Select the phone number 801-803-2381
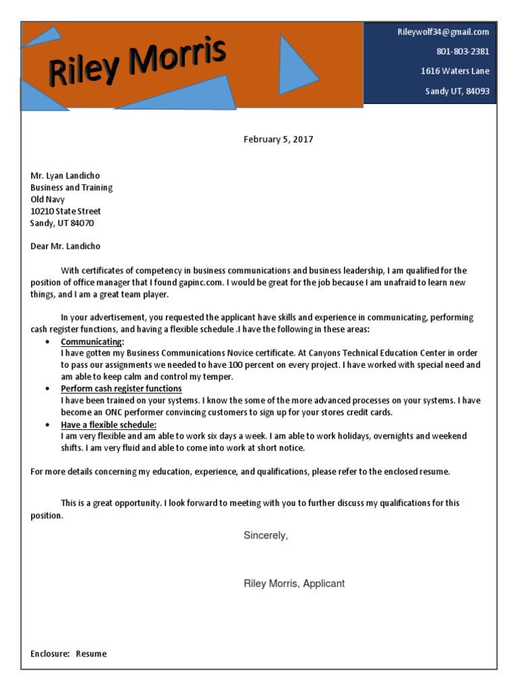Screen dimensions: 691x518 [x=463, y=51]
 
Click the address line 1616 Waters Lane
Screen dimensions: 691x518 [x=455, y=71]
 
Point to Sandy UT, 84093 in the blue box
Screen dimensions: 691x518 [x=457, y=91]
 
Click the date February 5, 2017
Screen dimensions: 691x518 [x=278, y=140]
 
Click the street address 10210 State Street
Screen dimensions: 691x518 [x=65, y=211]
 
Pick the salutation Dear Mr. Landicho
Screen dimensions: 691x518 [x=65, y=246]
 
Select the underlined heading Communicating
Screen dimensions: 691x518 [x=92, y=341]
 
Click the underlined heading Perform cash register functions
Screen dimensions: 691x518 [x=121, y=389]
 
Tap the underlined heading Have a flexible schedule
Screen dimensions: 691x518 [x=109, y=424]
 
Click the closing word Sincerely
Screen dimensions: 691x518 [x=266, y=535]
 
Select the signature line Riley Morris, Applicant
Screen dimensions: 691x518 [x=294, y=583]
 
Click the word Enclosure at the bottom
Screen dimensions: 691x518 [x=50, y=653]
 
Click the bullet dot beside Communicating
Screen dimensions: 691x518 [x=47, y=342]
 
